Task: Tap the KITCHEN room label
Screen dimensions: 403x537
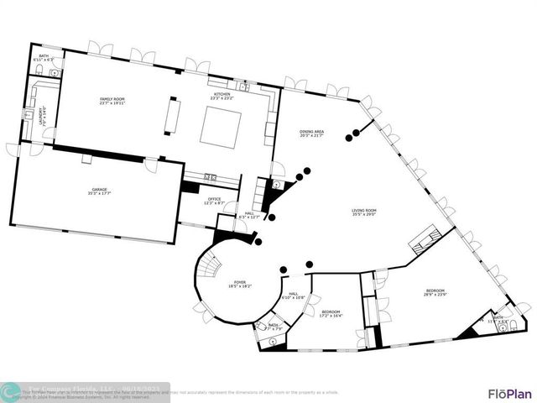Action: (222, 97)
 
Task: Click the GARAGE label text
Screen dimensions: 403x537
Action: (100, 191)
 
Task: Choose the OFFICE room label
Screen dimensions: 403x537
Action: (214, 201)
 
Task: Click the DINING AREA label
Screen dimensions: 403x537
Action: (312, 133)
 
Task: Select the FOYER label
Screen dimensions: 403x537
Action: (240, 284)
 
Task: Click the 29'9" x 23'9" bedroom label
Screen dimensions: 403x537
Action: (435, 292)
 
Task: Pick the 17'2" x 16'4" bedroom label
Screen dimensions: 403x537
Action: (331, 313)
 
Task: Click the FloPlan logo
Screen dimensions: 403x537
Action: (510, 393)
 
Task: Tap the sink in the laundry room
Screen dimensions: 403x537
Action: (29, 114)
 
